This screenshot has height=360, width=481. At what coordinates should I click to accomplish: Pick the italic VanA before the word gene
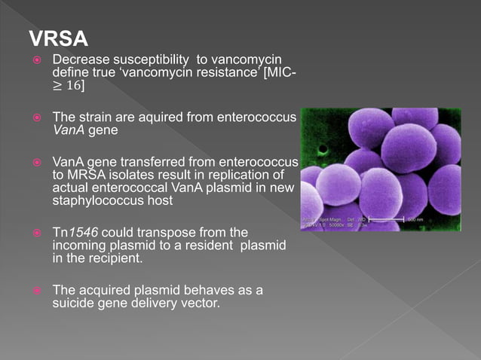pyautogui.click(x=68, y=130)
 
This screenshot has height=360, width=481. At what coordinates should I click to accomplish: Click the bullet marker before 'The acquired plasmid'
pyautogui.click(x=35, y=290)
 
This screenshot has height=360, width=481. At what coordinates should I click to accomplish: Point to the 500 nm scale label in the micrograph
pyautogui.click(x=416, y=219)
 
